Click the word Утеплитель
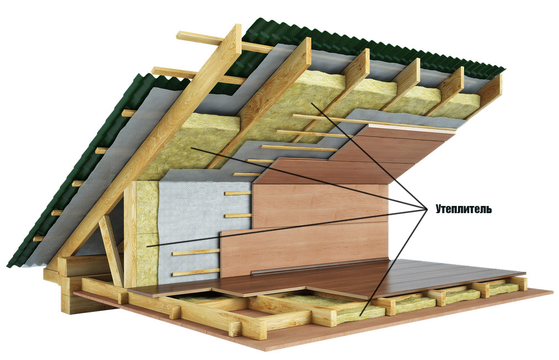463,210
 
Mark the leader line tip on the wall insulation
147,246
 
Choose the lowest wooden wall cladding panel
304,248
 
